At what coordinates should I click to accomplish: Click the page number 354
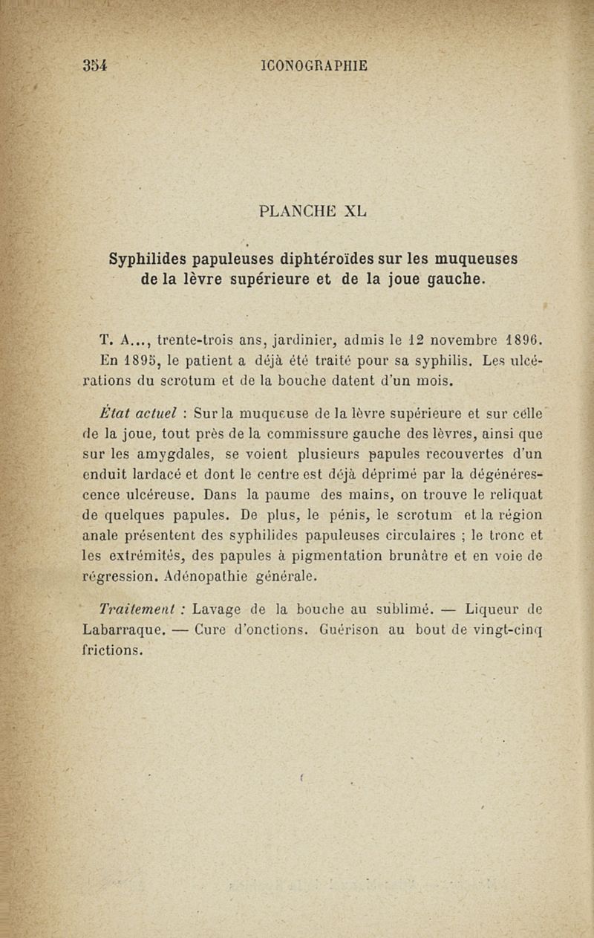96,65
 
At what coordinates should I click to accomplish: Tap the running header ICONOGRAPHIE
315,65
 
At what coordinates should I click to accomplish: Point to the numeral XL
356,210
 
